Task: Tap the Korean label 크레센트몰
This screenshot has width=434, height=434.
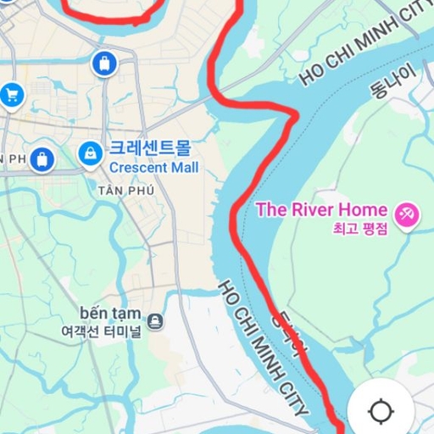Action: [x=150, y=149]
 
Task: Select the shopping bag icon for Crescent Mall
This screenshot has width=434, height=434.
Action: [x=89, y=153]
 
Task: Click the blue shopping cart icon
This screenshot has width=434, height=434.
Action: [x=11, y=94]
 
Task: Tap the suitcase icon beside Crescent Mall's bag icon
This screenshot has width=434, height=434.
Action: [x=42, y=159]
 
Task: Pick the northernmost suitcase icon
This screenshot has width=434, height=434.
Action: [x=104, y=64]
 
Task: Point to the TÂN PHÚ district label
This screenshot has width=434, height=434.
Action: [x=131, y=191]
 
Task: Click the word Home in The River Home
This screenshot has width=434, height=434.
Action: [x=369, y=209]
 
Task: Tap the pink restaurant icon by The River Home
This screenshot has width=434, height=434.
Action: [x=407, y=213]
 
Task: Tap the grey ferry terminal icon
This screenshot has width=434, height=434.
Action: [x=156, y=321]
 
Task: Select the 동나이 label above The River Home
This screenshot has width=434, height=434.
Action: [x=391, y=81]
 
